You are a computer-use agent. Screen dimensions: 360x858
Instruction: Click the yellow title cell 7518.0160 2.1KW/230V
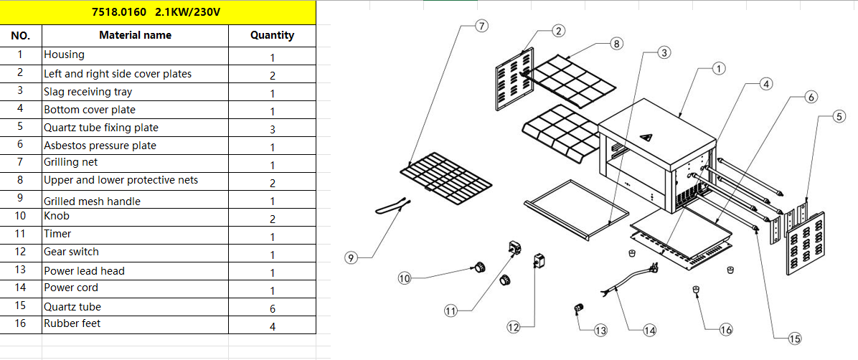(158, 12)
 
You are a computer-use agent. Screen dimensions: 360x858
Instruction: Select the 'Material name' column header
(135, 35)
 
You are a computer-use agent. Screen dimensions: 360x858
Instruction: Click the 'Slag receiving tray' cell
(135, 92)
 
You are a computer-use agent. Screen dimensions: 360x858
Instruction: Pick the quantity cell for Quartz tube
(272, 308)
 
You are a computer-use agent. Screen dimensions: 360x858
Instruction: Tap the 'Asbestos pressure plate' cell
(135, 146)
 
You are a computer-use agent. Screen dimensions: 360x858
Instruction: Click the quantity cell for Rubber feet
(272, 326)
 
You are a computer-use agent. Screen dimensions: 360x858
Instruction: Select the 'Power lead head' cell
(135, 271)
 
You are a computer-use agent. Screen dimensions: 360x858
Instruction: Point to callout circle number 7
(481, 26)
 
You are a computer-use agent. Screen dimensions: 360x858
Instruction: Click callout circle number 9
(351, 258)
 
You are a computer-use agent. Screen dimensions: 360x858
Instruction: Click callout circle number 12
(513, 327)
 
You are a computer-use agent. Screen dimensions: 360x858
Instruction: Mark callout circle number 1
(719, 69)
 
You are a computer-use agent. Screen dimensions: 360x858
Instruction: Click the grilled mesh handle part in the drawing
(392, 207)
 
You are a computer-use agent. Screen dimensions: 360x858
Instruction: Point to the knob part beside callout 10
(476, 267)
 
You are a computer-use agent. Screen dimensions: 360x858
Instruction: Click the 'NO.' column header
(21, 35)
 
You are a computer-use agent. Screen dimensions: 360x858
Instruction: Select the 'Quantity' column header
(272, 35)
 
